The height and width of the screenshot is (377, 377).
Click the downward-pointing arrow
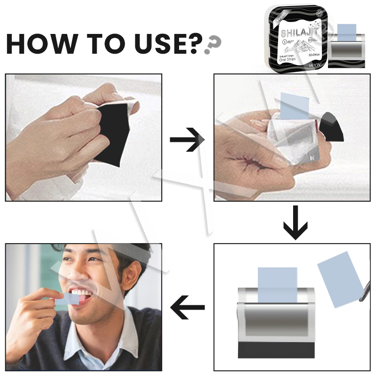295,222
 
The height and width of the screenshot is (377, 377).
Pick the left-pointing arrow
188,309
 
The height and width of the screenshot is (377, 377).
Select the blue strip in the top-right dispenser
347,33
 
